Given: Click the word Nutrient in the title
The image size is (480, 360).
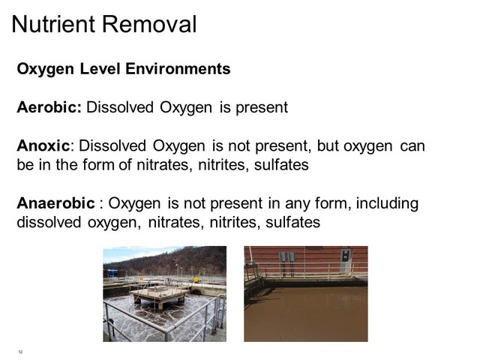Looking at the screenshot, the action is pyautogui.click(x=53, y=24).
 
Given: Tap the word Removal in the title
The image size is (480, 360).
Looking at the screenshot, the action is pyautogui.click(x=149, y=24).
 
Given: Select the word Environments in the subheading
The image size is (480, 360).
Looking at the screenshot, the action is pyautogui.click(x=178, y=68).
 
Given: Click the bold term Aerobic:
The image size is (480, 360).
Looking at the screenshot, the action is pyautogui.click(x=49, y=107).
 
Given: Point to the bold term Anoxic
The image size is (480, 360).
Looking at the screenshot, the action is pyautogui.click(x=43, y=145).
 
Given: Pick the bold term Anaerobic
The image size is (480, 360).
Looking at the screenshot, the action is pyautogui.click(x=55, y=203).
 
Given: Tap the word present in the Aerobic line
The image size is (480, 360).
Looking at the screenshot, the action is pyautogui.click(x=262, y=108).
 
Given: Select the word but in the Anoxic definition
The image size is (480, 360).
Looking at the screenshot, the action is pyautogui.click(x=327, y=145).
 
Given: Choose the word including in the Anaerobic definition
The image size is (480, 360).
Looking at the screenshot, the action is pyautogui.click(x=387, y=204).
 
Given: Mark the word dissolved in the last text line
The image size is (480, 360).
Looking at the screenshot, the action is pyautogui.click(x=49, y=222).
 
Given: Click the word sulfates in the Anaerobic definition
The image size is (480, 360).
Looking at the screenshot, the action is pyautogui.click(x=292, y=222).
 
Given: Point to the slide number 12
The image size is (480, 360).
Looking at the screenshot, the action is pyautogui.click(x=20, y=352).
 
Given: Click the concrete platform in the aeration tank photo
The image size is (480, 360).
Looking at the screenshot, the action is pyautogui.click(x=160, y=295).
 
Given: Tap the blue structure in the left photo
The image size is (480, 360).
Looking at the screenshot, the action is pyautogui.click(x=112, y=272).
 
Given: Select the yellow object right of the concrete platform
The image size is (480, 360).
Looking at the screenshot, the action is pyautogui.click(x=196, y=279).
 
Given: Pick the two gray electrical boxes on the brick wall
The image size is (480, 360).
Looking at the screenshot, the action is pyautogui.click(x=286, y=257).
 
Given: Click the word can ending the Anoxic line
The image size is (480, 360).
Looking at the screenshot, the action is pyautogui.click(x=412, y=146).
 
